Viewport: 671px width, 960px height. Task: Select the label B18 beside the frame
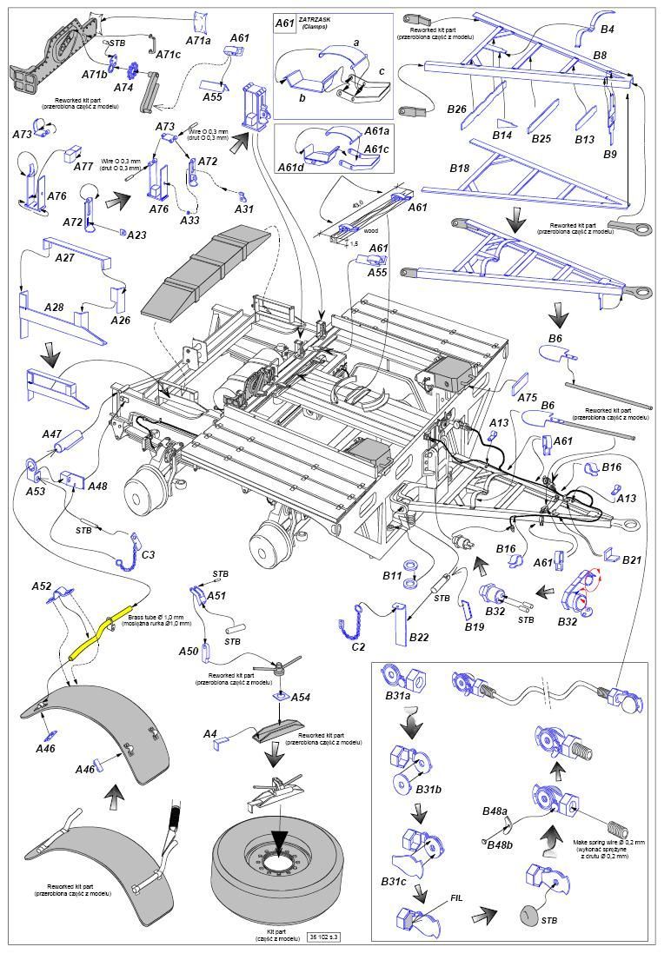click(x=459, y=169)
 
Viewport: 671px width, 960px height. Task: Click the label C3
click(x=148, y=554)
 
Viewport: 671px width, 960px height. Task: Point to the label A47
click(x=52, y=434)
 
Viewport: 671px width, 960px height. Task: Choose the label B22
click(x=419, y=638)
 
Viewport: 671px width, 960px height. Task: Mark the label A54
click(x=300, y=698)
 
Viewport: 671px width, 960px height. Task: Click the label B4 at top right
click(x=608, y=30)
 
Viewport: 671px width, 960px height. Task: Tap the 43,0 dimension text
click(x=331, y=205)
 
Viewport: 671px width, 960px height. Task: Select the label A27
click(x=65, y=257)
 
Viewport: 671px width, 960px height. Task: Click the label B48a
click(x=495, y=811)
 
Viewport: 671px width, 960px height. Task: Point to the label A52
click(x=42, y=586)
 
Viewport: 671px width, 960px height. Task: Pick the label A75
click(x=528, y=397)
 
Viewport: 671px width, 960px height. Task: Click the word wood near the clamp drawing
click(x=371, y=232)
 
